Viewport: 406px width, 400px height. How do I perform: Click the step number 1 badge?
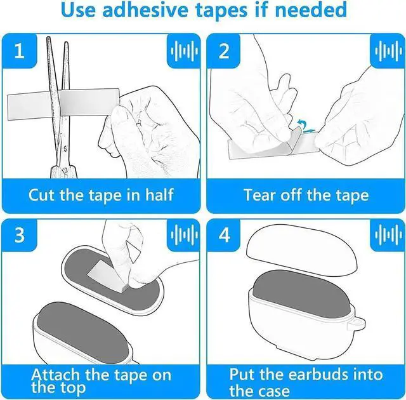click(20, 51)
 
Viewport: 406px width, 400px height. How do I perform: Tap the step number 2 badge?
click(224, 51)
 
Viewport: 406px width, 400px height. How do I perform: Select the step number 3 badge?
click(20, 235)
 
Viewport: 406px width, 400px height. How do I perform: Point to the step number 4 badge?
click(224, 235)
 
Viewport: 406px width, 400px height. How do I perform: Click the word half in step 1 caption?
click(159, 194)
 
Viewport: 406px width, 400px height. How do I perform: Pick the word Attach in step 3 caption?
click(56, 375)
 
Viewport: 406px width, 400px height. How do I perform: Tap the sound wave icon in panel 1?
click(184, 51)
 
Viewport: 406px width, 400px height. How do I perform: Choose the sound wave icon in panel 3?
click(184, 235)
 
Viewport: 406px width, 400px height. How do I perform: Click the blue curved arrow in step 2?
click(300, 123)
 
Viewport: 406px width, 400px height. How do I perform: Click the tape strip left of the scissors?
click(29, 106)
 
